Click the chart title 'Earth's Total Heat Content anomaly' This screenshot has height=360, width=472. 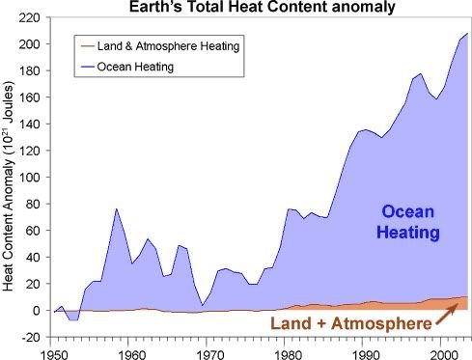(254, 8)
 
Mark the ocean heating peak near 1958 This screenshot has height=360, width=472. (116, 208)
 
